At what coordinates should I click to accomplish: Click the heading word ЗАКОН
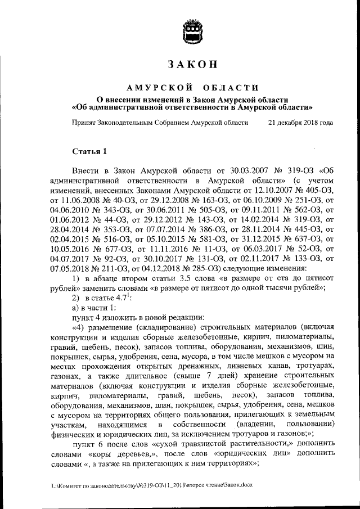[191, 64]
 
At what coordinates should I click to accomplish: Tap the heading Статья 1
[89, 151]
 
